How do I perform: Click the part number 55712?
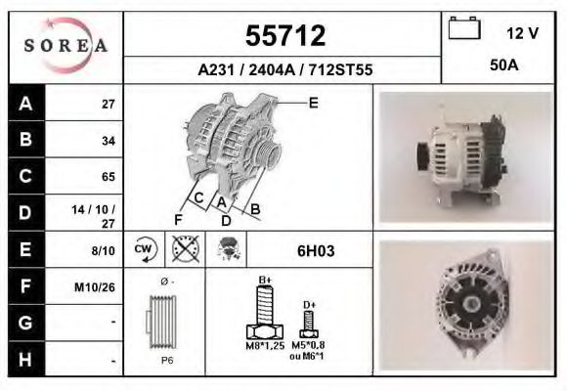coord(283,36)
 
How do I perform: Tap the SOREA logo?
coord(65,46)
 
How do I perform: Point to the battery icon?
coord(462,30)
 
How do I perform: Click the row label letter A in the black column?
coord(24,103)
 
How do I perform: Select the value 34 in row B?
coord(109,140)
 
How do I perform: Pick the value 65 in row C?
coord(109,177)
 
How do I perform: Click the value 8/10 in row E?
coord(102,250)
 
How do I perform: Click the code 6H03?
coord(316,251)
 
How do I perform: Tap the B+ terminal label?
coord(264,281)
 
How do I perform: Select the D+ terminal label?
coord(308,305)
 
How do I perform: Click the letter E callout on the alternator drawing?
coord(313,103)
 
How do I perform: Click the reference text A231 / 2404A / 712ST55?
coord(284,70)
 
